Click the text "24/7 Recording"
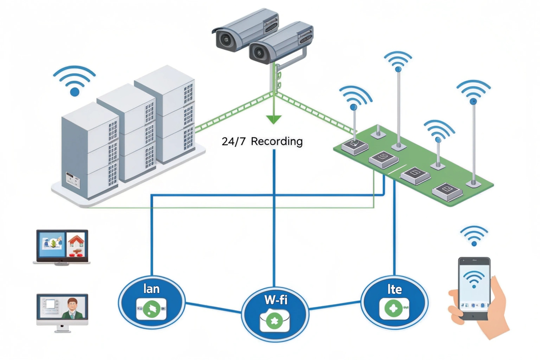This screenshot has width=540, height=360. pyautogui.click(x=262, y=141)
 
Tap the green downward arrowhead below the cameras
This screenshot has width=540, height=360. pyautogui.click(x=274, y=120)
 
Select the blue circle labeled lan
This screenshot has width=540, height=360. pyautogui.click(x=151, y=302)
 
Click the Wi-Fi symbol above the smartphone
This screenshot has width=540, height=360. pyautogui.click(x=474, y=236)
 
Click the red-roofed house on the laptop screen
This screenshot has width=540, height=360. pyautogui.click(x=77, y=242)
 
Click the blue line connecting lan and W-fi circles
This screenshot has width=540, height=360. pyautogui.click(x=213, y=308)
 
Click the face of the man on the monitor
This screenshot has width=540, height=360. pyautogui.click(x=72, y=304)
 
